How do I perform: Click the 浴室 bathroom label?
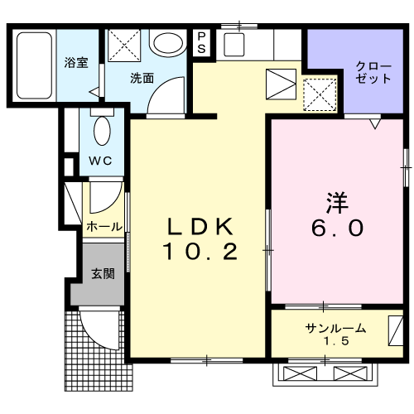click(x=76, y=64)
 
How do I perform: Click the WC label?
click(x=101, y=160)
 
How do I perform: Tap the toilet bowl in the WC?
click(x=102, y=130)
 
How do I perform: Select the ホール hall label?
click(x=104, y=226)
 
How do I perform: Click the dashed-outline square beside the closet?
click(x=320, y=94)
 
